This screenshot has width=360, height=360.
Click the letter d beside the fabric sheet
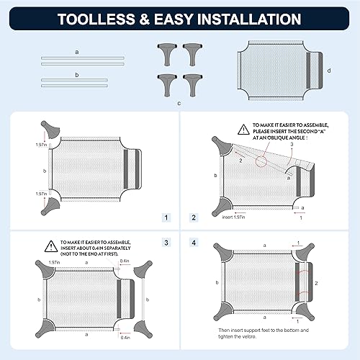[x=328, y=70]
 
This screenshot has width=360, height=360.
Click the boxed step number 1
[x=165, y=216]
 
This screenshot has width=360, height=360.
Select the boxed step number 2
[x=192, y=216]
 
